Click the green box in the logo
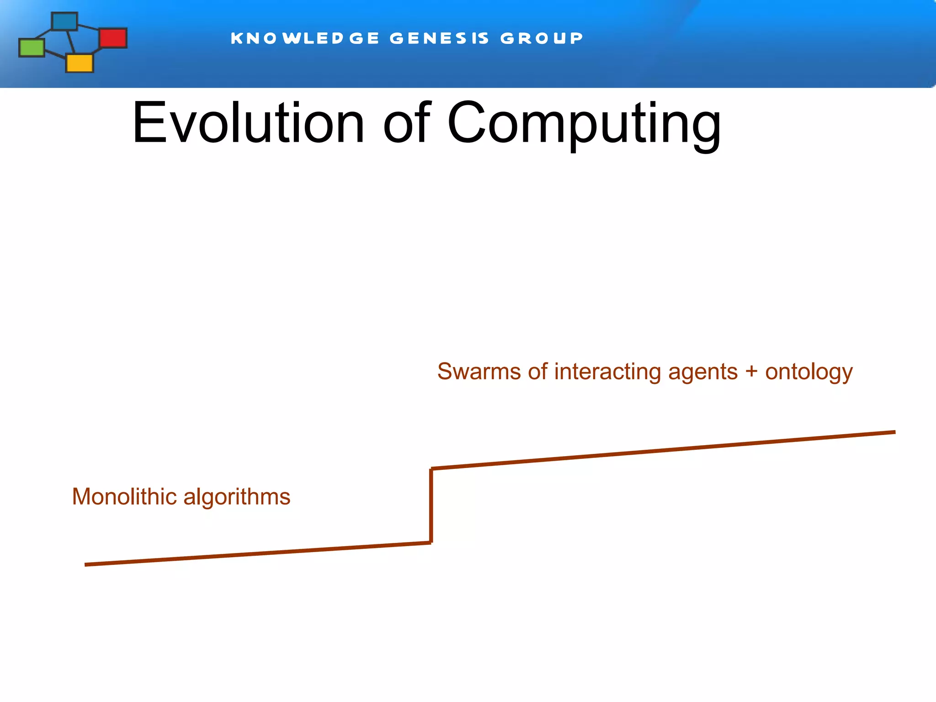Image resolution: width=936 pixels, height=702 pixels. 32,48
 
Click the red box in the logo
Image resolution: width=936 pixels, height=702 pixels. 113,38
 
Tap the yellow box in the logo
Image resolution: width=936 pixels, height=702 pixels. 80,63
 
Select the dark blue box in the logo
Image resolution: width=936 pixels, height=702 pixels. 64,21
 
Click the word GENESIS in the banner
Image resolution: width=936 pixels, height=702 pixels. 439,38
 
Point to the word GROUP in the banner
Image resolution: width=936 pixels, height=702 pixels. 542,38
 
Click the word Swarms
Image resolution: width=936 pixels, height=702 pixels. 479,372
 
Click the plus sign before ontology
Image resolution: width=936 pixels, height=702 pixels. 751,372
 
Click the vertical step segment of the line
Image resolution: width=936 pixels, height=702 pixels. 431,505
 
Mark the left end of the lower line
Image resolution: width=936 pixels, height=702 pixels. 86,565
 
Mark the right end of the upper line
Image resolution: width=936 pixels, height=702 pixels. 894,432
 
